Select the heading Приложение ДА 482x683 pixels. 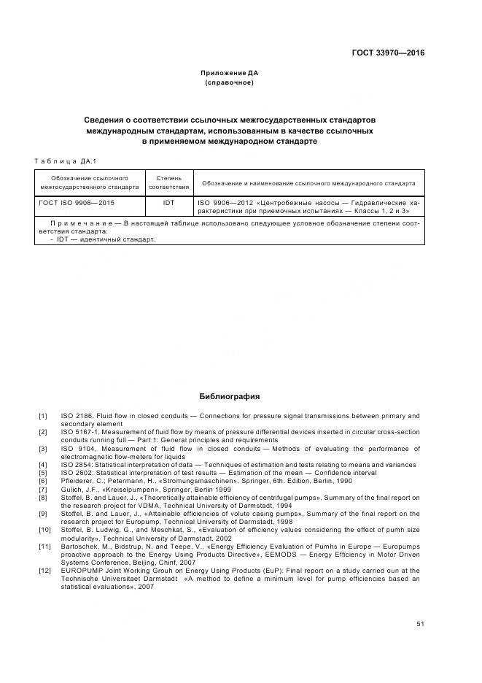(230, 73)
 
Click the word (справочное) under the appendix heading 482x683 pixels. (230, 82)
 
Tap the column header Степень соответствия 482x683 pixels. (168, 182)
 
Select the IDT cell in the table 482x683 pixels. (168, 203)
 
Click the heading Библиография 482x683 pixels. (230, 396)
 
